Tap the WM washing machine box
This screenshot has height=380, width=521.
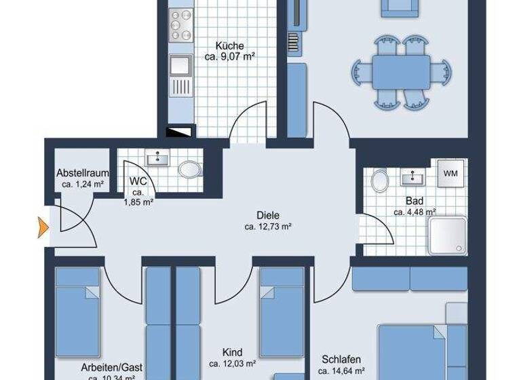coord(450,174)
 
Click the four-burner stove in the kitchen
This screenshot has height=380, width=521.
coord(182,24)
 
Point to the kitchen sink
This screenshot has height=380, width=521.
coord(181,65)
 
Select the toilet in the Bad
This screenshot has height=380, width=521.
coord(380,180)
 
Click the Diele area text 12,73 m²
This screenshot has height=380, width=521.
coord(268,227)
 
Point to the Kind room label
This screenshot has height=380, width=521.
coord(231,353)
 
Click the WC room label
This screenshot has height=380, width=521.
coord(138,181)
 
